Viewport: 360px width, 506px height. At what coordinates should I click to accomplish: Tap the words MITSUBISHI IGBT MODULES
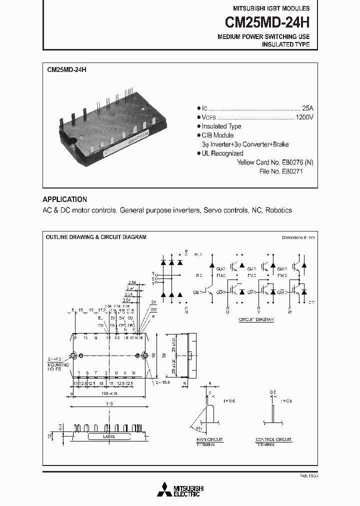coord(271,8)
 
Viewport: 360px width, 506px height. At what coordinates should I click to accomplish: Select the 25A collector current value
coord(307,108)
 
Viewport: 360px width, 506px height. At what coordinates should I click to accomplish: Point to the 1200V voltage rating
coord(304,117)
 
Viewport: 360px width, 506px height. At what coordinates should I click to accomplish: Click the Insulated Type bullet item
coord(221,126)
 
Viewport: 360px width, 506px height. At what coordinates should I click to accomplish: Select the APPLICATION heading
coord(64,199)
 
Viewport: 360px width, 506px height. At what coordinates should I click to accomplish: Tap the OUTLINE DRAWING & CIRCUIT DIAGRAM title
coord(96,237)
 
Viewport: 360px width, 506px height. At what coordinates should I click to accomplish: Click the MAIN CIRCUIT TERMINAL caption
coord(209,442)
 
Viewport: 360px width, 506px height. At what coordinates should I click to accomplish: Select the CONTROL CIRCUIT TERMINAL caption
coord(273,442)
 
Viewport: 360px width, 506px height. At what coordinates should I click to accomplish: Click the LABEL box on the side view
coord(108,436)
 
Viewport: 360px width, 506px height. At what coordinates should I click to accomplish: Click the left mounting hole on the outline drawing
coord(73,356)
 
